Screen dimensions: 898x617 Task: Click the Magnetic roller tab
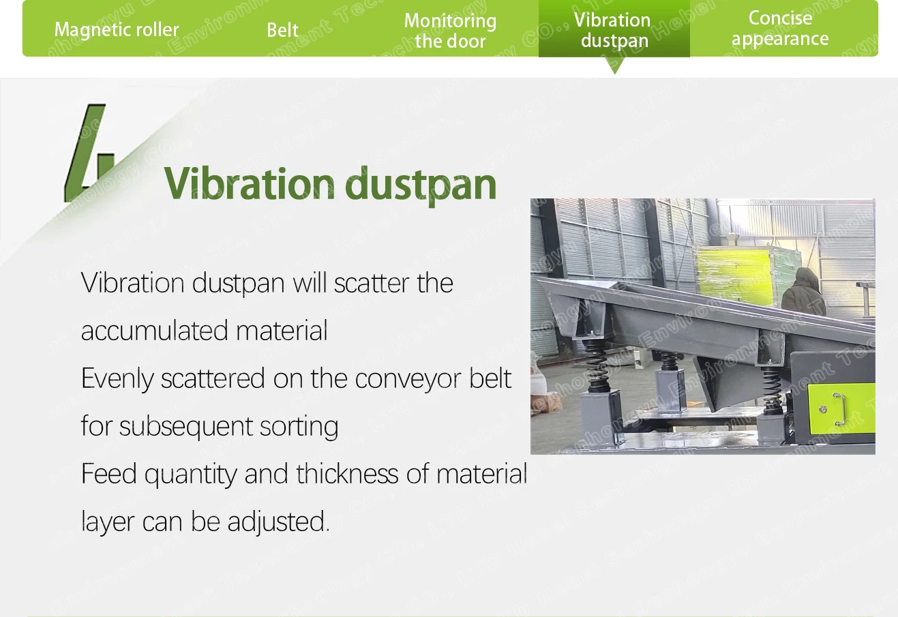click(117, 30)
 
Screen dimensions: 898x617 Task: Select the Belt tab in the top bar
click(283, 30)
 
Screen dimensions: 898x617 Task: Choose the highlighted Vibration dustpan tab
click(614, 30)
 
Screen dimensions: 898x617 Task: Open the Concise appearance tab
click(780, 29)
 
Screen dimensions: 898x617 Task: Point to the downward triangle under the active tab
click(614, 65)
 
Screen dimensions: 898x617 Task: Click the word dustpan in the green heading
click(421, 185)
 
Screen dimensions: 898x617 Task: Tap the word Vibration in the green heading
click(249, 183)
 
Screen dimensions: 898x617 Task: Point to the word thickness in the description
click(347, 474)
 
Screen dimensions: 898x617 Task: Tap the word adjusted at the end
click(279, 522)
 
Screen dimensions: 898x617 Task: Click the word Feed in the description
click(108, 474)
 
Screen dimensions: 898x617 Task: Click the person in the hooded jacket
click(803, 292)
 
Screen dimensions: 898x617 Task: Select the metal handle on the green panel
click(839, 409)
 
